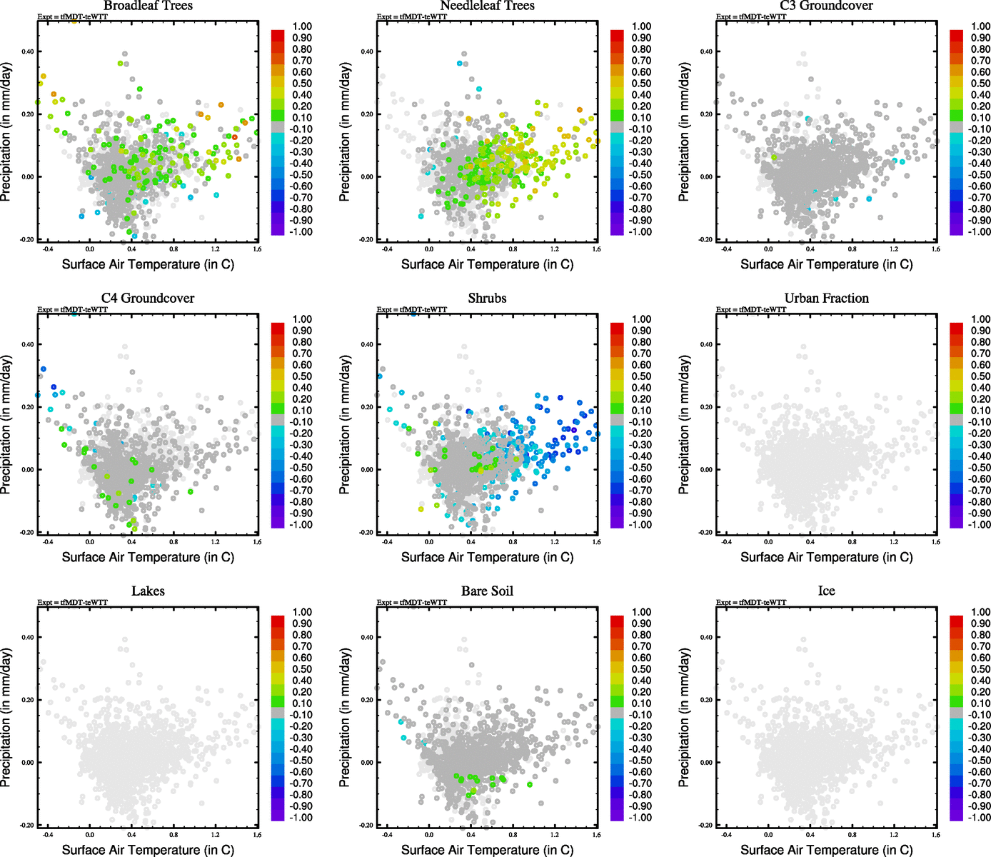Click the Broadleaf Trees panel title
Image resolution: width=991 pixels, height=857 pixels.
(148, 6)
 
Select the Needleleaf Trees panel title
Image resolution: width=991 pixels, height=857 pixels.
(487, 6)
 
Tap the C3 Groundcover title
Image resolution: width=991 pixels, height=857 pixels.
(826, 6)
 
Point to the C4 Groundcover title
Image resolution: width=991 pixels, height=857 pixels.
(148, 299)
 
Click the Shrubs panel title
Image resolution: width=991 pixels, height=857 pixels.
(487, 299)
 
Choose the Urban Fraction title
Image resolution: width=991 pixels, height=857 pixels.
(826, 299)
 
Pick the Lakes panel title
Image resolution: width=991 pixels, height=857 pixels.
(148, 591)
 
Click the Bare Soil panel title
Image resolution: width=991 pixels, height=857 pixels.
(487, 591)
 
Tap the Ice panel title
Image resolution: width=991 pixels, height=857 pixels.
(826, 591)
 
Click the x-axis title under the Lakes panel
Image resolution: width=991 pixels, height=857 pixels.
(148, 850)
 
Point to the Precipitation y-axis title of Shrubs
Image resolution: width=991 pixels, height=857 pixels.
(345, 425)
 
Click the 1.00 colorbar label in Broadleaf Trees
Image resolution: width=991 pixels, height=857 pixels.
(302, 26)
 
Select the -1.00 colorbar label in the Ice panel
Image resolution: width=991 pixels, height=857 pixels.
(979, 818)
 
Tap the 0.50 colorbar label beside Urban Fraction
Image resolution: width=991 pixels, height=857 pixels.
(980, 376)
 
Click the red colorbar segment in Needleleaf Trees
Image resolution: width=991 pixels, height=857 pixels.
(617, 36)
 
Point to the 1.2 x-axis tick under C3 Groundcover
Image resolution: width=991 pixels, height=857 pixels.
(894, 249)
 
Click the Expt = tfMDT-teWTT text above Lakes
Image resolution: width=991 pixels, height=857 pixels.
(73, 603)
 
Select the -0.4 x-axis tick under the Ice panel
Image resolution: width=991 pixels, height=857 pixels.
(726, 835)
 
